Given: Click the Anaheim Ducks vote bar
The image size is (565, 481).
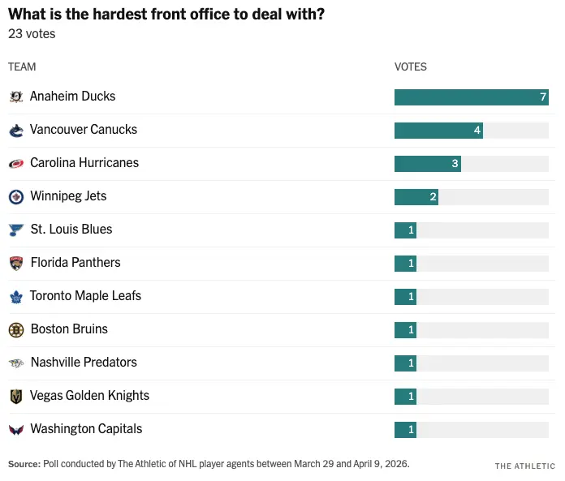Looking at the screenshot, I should pos(471,97).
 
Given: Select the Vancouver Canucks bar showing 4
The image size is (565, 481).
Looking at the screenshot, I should pos(438,130).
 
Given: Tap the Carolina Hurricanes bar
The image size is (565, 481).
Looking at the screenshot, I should pos(427,163).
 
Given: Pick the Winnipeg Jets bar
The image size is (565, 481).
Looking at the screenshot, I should pos(416,196).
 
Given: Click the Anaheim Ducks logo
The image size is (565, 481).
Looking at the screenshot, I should pos(15,97).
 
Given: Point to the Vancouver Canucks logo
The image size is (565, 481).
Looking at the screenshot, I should pos(15,130).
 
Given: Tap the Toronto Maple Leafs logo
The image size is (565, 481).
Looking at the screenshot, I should pos(15,296).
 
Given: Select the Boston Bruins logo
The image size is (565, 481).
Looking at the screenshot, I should pos(15,329).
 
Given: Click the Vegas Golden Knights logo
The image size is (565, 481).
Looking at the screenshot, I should pos(15,396).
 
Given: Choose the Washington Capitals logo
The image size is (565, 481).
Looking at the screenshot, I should pos(15,429).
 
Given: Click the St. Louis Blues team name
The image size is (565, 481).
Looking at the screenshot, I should pos(71,230).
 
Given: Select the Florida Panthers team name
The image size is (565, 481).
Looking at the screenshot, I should pos(75,263).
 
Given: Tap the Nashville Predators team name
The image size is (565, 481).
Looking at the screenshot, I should pos(84,363).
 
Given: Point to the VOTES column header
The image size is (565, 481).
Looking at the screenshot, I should pos(410,67).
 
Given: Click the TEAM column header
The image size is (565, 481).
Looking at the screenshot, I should pos(22,67).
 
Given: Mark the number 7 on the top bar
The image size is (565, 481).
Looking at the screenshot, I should pos(543,97).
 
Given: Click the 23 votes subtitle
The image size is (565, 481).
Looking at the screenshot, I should pos(32,34).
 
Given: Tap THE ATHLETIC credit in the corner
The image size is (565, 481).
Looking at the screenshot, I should pos(524,466).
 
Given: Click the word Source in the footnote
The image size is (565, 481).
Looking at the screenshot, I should pos(23,464).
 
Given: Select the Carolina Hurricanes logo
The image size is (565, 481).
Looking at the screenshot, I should pos(15,163).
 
